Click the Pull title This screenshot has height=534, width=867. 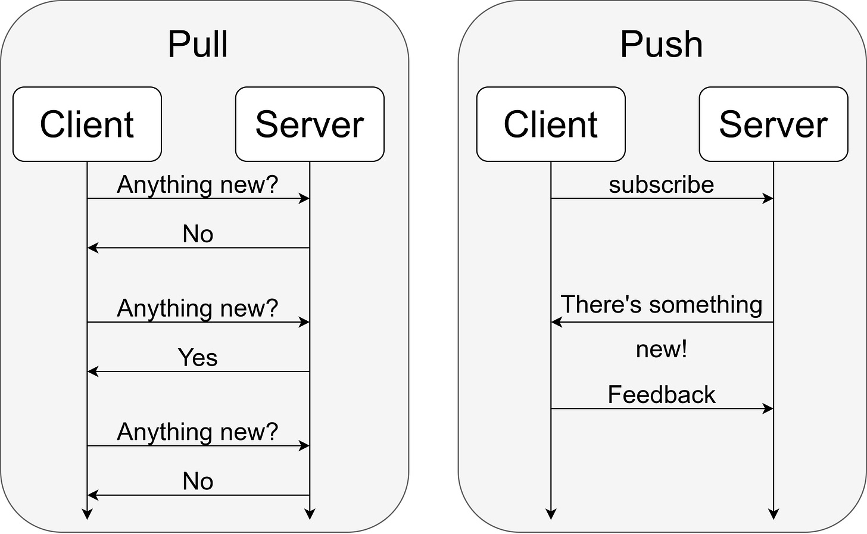pyautogui.click(x=198, y=45)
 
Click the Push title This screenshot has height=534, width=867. pyautogui.click(x=661, y=45)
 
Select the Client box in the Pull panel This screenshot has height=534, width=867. pyautogui.click(x=87, y=124)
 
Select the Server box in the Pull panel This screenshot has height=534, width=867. pyautogui.click(x=310, y=124)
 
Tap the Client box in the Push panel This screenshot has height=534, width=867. pyautogui.click(x=551, y=124)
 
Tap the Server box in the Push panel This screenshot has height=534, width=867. pyautogui.click(x=773, y=124)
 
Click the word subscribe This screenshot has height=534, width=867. pyautogui.click(x=661, y=185)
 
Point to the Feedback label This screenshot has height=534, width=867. pyautogui.click(x=661, y=395)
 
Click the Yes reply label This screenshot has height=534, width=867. pyautogui.click(x=198, y=358)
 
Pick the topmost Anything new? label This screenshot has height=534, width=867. pyautogui.click(x=198, y=185)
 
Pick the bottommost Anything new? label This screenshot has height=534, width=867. pyautogui.click(x=198, y=432)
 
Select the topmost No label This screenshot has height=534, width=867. pyautogui.click(x=198, y=234)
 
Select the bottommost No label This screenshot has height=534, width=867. pyautogui.click(x=198, y=481)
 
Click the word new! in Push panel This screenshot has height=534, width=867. pyautogui.click(x=661, y=349)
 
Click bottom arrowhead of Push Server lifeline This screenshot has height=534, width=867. pyautogui.click(x=773, y=514)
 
